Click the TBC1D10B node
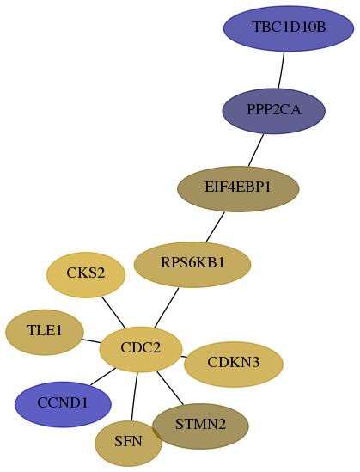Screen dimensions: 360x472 [x=289, y=28]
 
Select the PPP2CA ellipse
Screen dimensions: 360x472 [x=274, y=111]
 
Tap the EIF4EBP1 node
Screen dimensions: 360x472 [x=238, y=189]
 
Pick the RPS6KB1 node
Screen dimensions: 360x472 [x=192, y=264]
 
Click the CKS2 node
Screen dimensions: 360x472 [x=86, y=275]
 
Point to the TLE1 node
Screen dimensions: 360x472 [x=45, y=332]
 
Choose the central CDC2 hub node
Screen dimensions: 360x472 [x=141, y=349]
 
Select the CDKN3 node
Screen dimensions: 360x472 [x=234, y=364]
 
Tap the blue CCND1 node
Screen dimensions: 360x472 [x=63, y=404]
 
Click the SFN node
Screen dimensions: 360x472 [x=128, y=443]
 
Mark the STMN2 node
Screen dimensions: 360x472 [x=200, y=426]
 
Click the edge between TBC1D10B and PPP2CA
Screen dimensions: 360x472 [x=282, y=70]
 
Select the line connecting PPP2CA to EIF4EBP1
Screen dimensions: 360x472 [x=256, y=150]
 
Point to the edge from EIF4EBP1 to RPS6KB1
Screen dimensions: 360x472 [x=216, y=227]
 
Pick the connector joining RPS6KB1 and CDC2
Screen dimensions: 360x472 [x=167, y=308]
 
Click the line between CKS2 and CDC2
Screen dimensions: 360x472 [x=113, y=312]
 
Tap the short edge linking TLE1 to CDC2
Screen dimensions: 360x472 [x=91, y=341]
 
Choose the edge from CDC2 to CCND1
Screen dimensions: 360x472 [x=103, y=377]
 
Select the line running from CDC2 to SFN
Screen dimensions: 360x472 [x=134, y=396]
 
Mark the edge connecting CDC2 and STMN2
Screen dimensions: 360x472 [x=170, y=388]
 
